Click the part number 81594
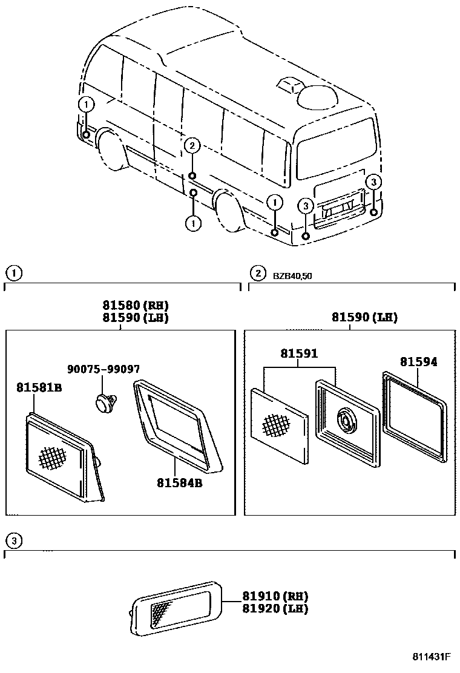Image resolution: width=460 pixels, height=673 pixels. pos(418,362)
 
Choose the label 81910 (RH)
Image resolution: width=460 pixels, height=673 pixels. pos(275,596)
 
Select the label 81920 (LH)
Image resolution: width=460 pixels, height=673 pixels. pos(275,608)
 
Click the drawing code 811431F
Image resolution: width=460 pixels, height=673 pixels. pos(432,657)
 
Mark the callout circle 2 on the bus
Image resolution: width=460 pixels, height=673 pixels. pos(192,145)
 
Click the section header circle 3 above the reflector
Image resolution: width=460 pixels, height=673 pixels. pos(13,540)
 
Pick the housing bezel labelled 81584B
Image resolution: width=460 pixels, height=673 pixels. pos(179,424)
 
